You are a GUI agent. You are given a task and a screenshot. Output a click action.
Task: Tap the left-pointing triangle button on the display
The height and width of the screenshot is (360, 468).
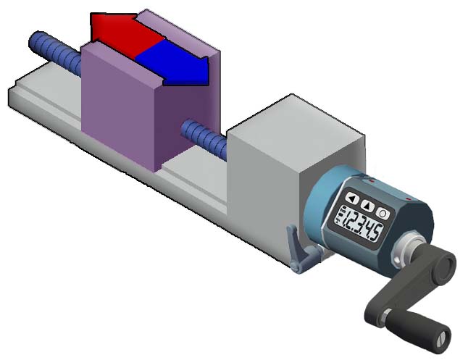point(351,198)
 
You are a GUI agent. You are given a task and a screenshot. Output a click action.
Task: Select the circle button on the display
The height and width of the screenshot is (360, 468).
point(382,213)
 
